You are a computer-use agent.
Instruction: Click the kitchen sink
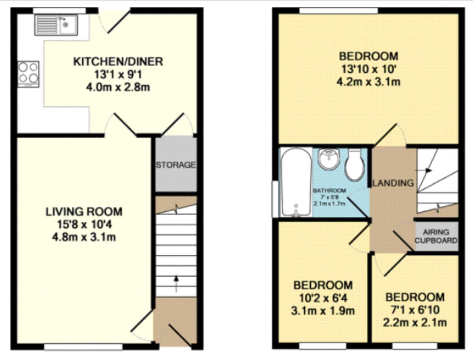pos(56,25)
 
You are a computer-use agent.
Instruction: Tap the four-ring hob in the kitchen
pos(28,73)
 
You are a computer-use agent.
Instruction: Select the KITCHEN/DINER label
pos(118,62)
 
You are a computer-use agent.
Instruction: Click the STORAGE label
pos(176,165)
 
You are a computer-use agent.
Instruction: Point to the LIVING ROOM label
pos(84,211)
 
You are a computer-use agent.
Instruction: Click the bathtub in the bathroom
pos(296,183)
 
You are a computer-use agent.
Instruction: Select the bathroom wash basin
pos(329,159)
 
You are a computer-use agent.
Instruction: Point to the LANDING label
pos(393,183)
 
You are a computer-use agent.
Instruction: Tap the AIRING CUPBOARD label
pos(436,236)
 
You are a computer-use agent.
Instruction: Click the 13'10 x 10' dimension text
pos(368,69)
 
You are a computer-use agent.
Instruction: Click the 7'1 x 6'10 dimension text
pos(415,310)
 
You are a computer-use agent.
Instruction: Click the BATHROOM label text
pos(329,190)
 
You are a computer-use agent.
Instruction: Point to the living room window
pos(83,346)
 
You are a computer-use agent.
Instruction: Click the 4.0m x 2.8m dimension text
pos(118,87)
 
